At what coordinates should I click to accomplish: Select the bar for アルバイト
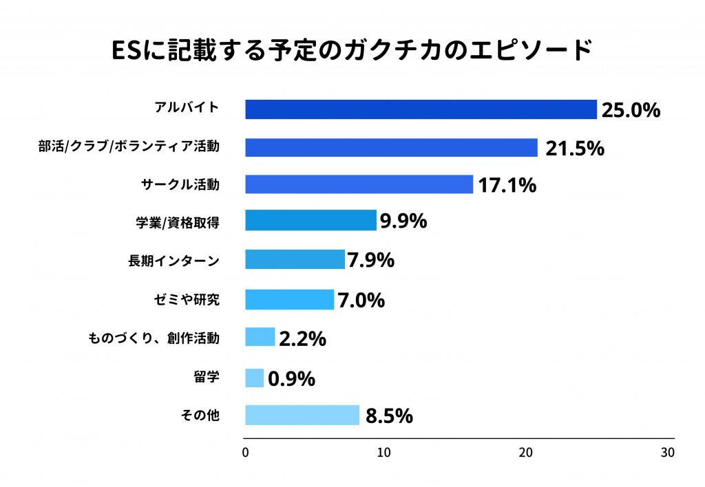coord(421,109)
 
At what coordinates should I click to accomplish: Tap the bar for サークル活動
coord(359,184)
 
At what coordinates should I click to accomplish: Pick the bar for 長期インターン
coord(295,259)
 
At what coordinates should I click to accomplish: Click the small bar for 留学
coord(254,378)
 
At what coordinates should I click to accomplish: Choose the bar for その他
coord(302,415)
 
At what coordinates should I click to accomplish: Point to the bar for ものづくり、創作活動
coord(260,337)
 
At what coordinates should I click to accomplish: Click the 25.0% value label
coord(631,110)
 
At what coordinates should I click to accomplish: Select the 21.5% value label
coord(575,148)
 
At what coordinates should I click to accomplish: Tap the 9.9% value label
coord(403,221)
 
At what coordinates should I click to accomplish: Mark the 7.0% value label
coord(360,300)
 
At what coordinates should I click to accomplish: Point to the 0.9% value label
coord(291,378)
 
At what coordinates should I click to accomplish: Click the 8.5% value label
coord(389,416)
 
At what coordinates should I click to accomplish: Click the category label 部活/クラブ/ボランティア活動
coord(129,147)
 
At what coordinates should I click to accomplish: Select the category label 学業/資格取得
coord(178,221)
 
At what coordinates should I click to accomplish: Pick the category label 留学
coord(207,377)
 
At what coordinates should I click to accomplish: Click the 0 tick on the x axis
coord(246,453)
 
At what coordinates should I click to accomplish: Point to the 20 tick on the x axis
coord(526,453)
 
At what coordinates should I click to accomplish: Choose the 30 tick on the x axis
coord(667,453)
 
